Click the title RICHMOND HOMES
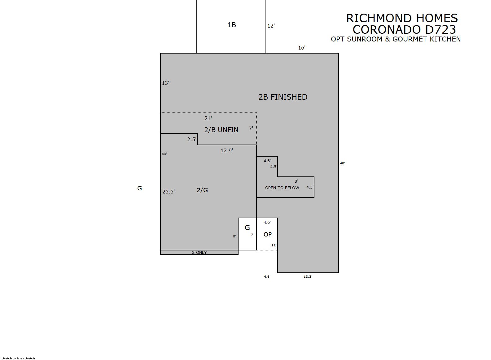[402, 18]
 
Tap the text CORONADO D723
[404, 29]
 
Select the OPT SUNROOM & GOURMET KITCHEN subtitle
[396, 39]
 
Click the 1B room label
[231, 25]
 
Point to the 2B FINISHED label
[283, 97]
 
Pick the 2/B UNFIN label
[221, 130]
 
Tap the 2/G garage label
[202, 190]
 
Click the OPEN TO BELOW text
[282, 188]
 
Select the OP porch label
[268, 235]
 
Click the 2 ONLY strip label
[199, 253]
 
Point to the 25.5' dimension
[168, 192]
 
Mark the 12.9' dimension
[227, 150]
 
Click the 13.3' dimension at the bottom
[308, 276]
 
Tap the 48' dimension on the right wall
[342, 163]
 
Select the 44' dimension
[164, 154]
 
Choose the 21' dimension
[208, 119]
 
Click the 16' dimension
[302, 48]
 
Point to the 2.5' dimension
[191, 140]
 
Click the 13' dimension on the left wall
[165, 83]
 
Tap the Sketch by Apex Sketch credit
[18, 358]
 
